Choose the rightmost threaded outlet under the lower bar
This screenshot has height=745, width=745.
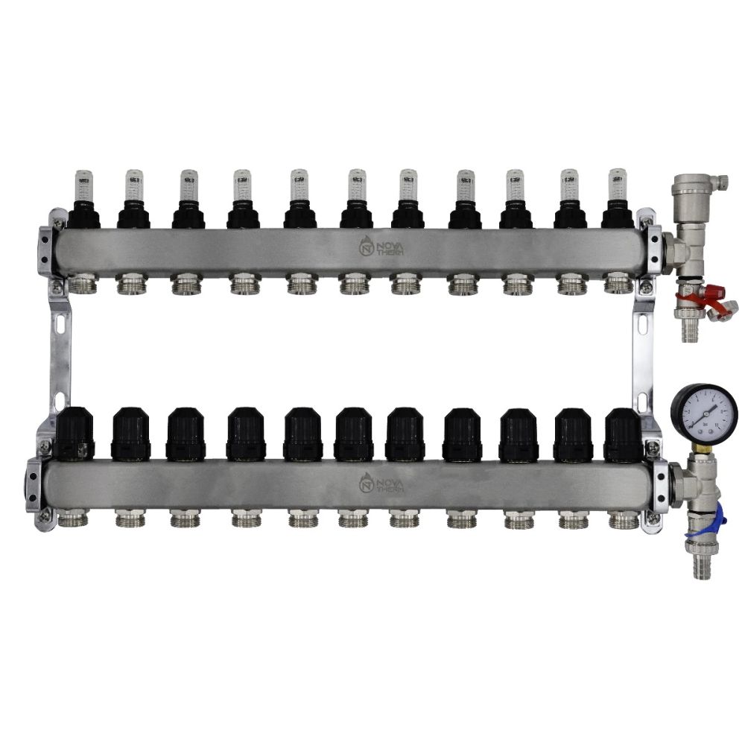pyautogui.click(x=622, y=519)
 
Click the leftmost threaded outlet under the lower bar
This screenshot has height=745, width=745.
pyautogui.click(x=75, y=519)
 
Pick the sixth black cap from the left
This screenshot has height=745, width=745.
pyautogui.click(x=354, y=434)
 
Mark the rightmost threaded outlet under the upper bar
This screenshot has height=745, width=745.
pyautogui.click(x=618, y=283)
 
